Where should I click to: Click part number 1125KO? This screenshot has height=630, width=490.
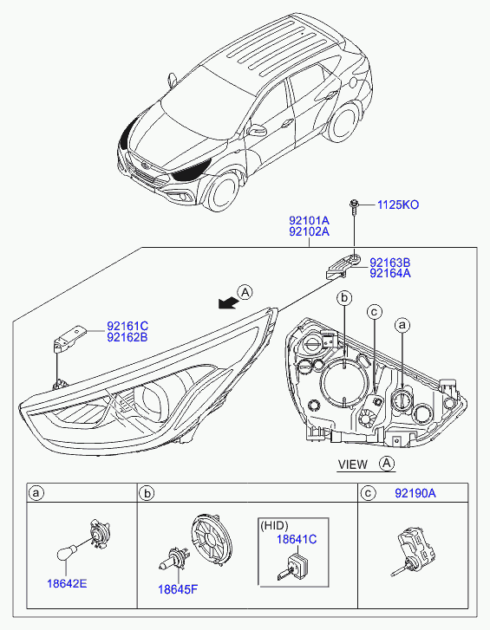click(x=398, y=205)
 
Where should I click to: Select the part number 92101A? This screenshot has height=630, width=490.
click(x=309, y=221)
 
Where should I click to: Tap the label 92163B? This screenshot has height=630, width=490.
click(x=390, y=263)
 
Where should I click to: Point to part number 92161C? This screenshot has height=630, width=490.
click(x=127, y=326)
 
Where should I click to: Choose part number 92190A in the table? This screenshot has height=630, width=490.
click(x=415, y=493)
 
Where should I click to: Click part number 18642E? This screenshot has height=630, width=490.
click(x=67, y=583)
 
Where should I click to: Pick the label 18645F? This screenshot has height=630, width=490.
click(x=178, y=589)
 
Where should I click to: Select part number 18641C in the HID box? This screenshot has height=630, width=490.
click(x=297, y=539)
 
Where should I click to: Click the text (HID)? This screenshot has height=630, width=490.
click(x=275, y=525)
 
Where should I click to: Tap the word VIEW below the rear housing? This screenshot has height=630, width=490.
click(x=352, y=464)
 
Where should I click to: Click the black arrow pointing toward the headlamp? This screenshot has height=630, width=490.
click(x=227, y=303)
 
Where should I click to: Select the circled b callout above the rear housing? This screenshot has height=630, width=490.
click(x=344, y=298)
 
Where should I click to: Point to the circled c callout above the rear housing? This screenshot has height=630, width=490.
click(x=375, y=311)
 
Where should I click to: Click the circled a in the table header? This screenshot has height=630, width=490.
click(x=36, y=492)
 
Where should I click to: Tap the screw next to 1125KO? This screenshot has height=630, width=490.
click(x=354, y=206)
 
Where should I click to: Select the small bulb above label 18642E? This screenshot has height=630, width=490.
click(x=67, y=553)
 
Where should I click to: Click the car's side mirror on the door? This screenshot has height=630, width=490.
click(x=257, y=130)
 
